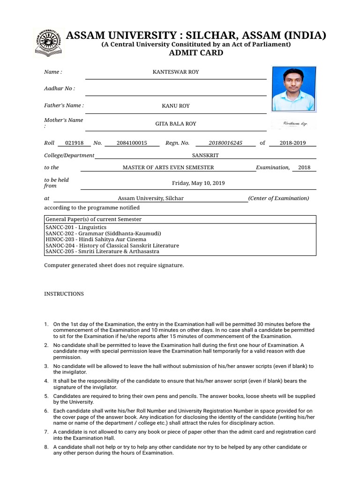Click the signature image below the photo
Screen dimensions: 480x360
(294, 124)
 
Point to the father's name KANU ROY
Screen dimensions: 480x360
(176, 106)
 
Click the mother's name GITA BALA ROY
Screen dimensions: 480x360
(176, 124)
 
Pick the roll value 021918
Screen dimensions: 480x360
(75, 143)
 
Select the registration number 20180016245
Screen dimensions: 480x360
(225, 143)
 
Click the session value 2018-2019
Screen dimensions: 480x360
(292, 143)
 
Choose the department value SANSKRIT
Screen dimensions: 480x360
(205, 155)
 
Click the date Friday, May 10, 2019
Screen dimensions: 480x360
(198, 183)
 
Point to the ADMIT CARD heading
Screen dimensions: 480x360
(196, 53)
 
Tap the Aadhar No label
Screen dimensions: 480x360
(60, 89)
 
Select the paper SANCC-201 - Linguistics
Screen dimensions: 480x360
(76, 227)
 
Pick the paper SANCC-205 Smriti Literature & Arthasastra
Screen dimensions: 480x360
(102, 251)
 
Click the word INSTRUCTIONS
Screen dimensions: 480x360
(64, 294)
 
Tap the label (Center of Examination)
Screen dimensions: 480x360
(278, 198)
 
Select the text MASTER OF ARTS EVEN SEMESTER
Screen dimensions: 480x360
(168, 167)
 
